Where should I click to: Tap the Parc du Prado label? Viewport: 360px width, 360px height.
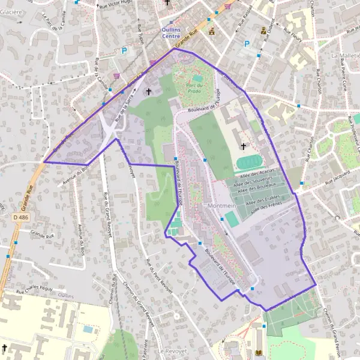pyautogui.click(x=193, y=88)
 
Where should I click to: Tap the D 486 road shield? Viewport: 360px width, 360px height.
pyautogui.click(x=19, y=216)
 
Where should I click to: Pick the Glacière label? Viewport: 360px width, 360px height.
pyautogui.click(x=11, y=11)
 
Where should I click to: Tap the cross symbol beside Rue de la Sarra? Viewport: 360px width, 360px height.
pyautogui.click(x=148, y=92)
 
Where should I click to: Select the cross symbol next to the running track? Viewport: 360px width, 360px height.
pyautogui.click(x=244, y=146)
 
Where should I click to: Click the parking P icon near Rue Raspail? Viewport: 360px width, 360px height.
pyautogui.click(x=246, y=44)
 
